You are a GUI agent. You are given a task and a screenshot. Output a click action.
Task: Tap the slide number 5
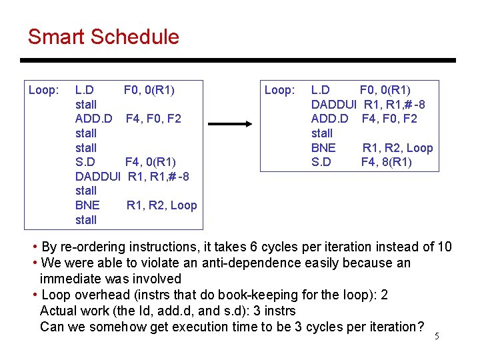[x=437, y=336]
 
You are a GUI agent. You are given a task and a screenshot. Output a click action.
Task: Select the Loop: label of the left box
[x=44, y=90]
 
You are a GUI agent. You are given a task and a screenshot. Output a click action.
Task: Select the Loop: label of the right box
[x=279, y=90]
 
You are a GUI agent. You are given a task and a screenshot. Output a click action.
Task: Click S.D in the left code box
[x=85, y=162]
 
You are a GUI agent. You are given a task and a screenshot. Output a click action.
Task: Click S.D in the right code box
[x=321, y=162]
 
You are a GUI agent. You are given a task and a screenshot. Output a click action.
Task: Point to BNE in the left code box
[x=87, y=205]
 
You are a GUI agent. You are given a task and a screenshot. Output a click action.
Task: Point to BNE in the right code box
[x=323, y=148]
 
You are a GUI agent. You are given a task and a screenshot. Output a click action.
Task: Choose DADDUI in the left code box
[x=98, y=177]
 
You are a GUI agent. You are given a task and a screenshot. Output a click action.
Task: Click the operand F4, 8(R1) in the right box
[x=387, y=162]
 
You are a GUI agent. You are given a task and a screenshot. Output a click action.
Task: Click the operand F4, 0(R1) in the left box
[x=151, y=162]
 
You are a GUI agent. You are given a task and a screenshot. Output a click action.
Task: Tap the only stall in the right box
[x=322, y=133]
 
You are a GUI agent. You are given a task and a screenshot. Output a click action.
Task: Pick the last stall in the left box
[x=86, y=220]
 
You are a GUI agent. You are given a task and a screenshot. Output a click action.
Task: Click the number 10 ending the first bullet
[x=444, y=247]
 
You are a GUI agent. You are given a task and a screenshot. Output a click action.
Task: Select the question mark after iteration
[x=421, y=327]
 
